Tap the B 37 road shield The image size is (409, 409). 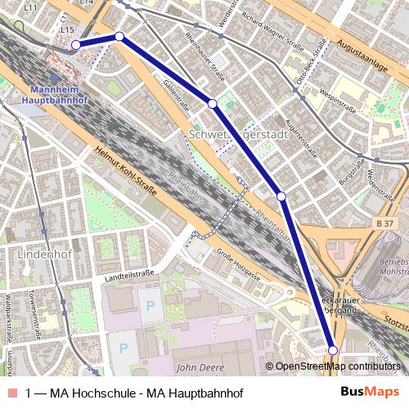click(386, 223)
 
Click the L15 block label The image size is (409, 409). click(67, 29)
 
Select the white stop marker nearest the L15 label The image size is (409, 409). click(75, 45)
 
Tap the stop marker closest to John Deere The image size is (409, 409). click(333, 351)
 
